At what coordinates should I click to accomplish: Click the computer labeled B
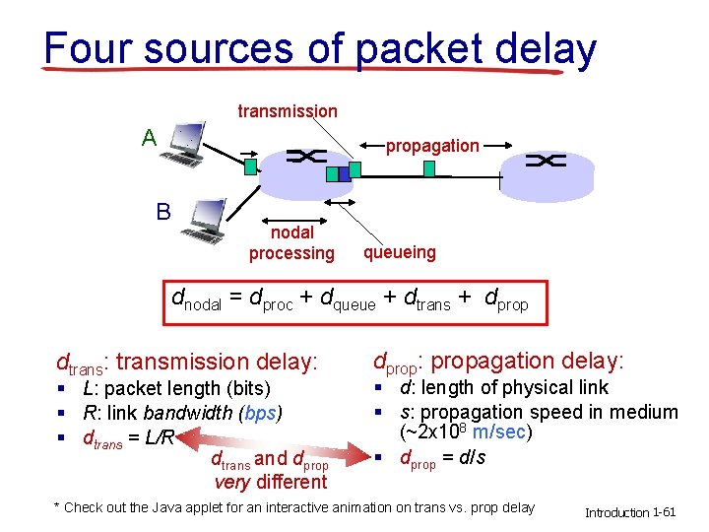(206, 221)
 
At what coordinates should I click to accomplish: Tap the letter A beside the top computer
(149, 137)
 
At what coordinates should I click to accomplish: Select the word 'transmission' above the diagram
(288, 111)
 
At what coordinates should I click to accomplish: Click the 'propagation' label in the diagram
(432, 146)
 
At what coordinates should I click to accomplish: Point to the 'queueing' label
(400, 252)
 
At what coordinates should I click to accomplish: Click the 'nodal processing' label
(291, 242)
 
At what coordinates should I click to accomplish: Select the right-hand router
(546, 167)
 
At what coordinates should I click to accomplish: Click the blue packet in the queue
(332, 174)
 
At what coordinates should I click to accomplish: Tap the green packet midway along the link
(428, 168)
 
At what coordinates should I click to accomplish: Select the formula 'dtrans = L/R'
(128, 437)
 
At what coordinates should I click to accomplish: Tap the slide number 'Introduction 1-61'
(630, 512)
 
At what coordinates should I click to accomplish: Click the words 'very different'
(271, 482)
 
